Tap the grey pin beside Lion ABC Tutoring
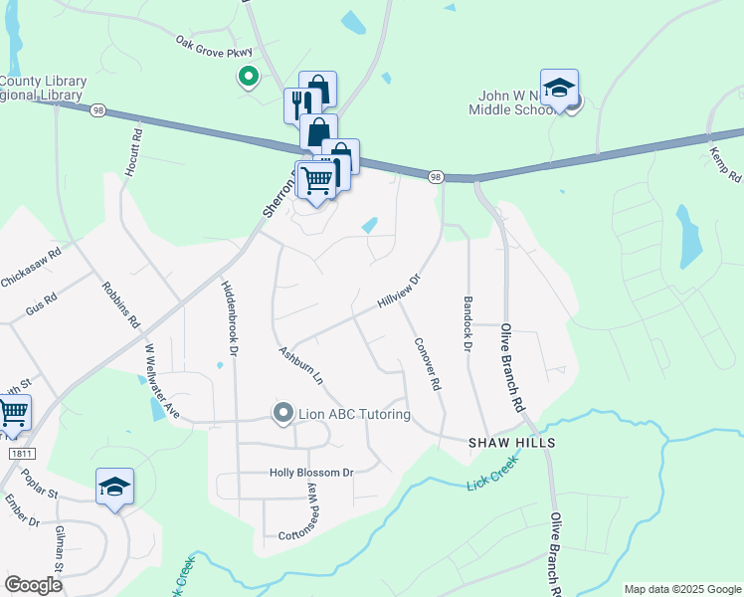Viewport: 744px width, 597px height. [x=282, y=413]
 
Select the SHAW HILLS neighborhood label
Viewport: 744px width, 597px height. [x=511, y=441]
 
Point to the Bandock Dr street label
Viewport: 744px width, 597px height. [x=465, y=323]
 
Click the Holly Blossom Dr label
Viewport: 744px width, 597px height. [x=311, y=473]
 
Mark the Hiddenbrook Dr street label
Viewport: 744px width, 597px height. [x=228, y=314]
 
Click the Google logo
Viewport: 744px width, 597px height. [x=33, y=585]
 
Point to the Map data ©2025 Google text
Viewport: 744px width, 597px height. [x=682, y=589]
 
